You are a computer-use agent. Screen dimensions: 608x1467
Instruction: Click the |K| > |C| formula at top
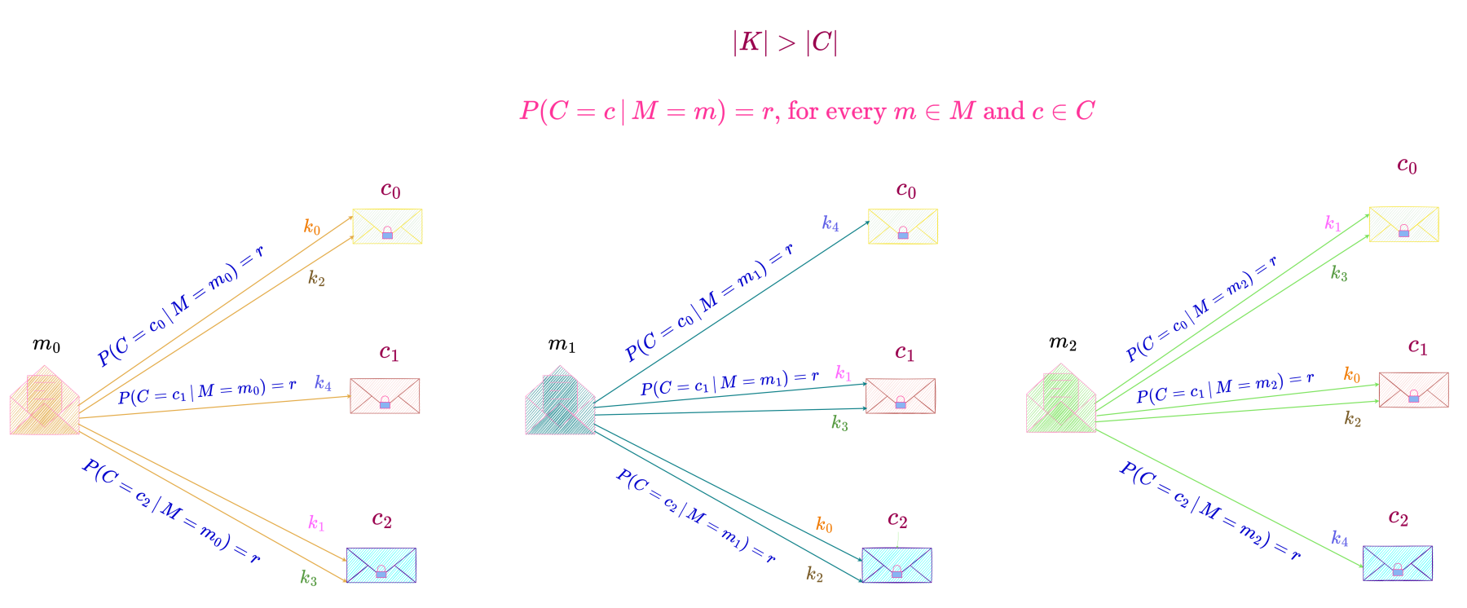pos(785,42)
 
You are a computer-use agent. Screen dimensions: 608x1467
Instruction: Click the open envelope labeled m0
pos(45,402)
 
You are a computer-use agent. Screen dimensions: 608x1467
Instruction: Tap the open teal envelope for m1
pos(560,402)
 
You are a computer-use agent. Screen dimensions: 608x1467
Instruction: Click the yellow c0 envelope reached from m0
pos(387,226)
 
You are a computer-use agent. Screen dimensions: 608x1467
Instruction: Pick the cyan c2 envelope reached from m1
pos(896,565)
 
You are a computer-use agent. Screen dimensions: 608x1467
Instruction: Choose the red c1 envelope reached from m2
pos(1413,390)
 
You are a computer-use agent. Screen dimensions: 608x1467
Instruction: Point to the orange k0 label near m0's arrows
pos(312,227)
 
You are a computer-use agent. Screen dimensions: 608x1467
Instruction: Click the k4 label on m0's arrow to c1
pos(323,383)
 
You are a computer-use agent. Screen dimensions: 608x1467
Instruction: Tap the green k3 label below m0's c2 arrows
pos(308,578)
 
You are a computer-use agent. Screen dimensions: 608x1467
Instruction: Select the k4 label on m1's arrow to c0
pos(830,223)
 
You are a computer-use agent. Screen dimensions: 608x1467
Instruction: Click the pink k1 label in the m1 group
pos(843,374)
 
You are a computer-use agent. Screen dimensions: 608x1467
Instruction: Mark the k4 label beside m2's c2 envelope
pos(1339,539)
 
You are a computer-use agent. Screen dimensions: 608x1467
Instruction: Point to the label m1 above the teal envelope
pos(562,345)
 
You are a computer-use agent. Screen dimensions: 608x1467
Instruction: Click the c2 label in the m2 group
pos(1398,518)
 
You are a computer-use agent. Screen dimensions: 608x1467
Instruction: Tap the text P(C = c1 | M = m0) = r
pos(207,391)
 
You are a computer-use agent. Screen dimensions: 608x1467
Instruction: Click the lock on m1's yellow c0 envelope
pos(903,234)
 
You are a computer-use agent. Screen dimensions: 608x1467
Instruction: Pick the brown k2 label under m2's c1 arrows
pos(1352,419)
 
